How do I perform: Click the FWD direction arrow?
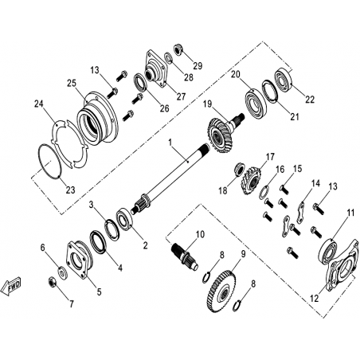tap(11, 286)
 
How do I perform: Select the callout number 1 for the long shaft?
tap(170, 143)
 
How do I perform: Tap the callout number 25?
tap(72, 83)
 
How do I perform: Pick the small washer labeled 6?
tap(63, 272)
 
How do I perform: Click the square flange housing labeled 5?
tap(79, 260)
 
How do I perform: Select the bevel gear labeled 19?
tap(221, 135)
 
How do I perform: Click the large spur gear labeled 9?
tap(221, 291)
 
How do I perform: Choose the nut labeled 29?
tap(178, 49)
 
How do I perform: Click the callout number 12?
tap(314, 299)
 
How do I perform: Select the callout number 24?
tap(39, 104)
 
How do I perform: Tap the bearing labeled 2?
tap(124, 219)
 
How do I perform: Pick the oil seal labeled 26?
tap(140, 82)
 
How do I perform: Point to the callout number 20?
tap(236, 74)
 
